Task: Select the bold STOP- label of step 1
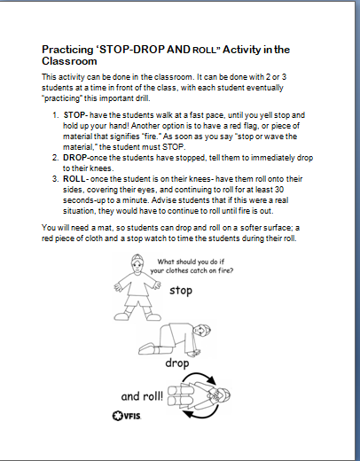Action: coord(76,115)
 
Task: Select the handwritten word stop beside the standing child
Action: coord(181,290)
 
